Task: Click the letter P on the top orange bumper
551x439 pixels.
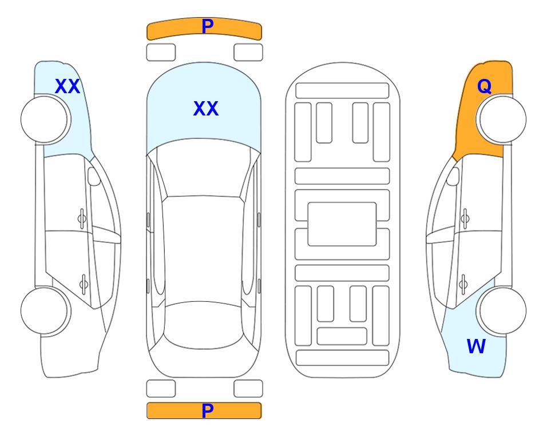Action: click(208, 26)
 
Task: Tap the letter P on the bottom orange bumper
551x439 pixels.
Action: click(208, 410)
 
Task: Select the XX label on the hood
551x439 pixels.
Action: click(206, 109)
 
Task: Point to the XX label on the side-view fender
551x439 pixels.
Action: click(68, 86)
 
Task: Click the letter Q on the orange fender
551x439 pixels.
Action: click(484, 86)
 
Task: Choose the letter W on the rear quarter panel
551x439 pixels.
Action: click(476, 346)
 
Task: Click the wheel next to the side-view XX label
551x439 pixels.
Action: click(46, 119)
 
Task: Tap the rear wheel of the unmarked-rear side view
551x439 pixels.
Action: click(46, 310)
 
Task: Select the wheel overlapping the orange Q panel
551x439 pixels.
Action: click(501, 119)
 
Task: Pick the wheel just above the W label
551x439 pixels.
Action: click(501, 310)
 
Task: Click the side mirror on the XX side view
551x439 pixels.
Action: click(94, 177)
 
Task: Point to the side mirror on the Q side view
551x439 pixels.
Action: click(453, 177)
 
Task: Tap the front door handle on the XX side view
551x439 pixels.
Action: click(82, 219)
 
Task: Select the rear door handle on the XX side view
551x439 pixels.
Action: click(84, 284)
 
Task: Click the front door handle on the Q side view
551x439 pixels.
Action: click(465, 219)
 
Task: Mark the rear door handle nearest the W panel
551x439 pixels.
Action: click(463, 284)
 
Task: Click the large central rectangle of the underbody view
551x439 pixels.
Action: click(342, 224)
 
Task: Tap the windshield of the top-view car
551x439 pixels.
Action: click(204, 169)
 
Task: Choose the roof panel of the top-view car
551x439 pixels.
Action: click(203, 250)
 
